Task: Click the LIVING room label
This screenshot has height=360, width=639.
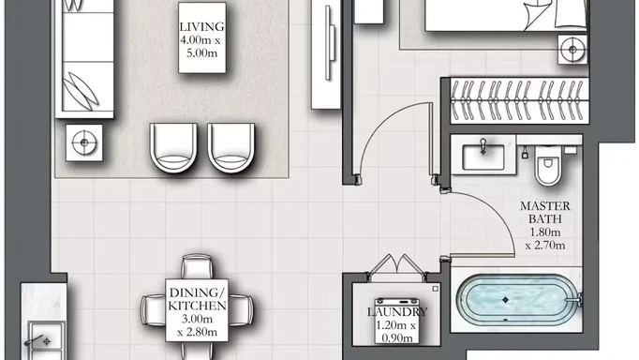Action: [x=201, y=27]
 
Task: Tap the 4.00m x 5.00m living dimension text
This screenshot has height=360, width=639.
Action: [x=201, y=47]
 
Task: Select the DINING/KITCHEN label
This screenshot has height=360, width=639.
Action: [x=198, y=299]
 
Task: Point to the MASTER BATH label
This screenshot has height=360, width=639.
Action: [x=545, y=213]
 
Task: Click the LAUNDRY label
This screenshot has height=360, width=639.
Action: [x=397, y=312]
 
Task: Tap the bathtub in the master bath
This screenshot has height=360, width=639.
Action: [x=518, y=300]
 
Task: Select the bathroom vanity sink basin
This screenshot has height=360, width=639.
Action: [x=483, y=157]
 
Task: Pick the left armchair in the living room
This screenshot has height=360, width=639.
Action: [x=173, y=147]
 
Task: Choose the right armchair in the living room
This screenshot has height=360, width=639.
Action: [x=230, y=147]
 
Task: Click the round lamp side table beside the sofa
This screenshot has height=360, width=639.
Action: [x=84, y=142]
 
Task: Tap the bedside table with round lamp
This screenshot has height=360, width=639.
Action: [x=572, y=50]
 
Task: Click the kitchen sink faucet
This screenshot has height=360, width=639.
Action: [x=37, y=340]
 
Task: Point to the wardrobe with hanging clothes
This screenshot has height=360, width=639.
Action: [x=520, y=100]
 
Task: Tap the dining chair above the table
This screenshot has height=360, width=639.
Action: [x=197, y=266]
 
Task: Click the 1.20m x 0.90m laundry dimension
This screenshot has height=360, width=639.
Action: [x=396, y=332]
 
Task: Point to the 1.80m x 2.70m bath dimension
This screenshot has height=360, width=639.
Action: [x=545, y=238]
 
